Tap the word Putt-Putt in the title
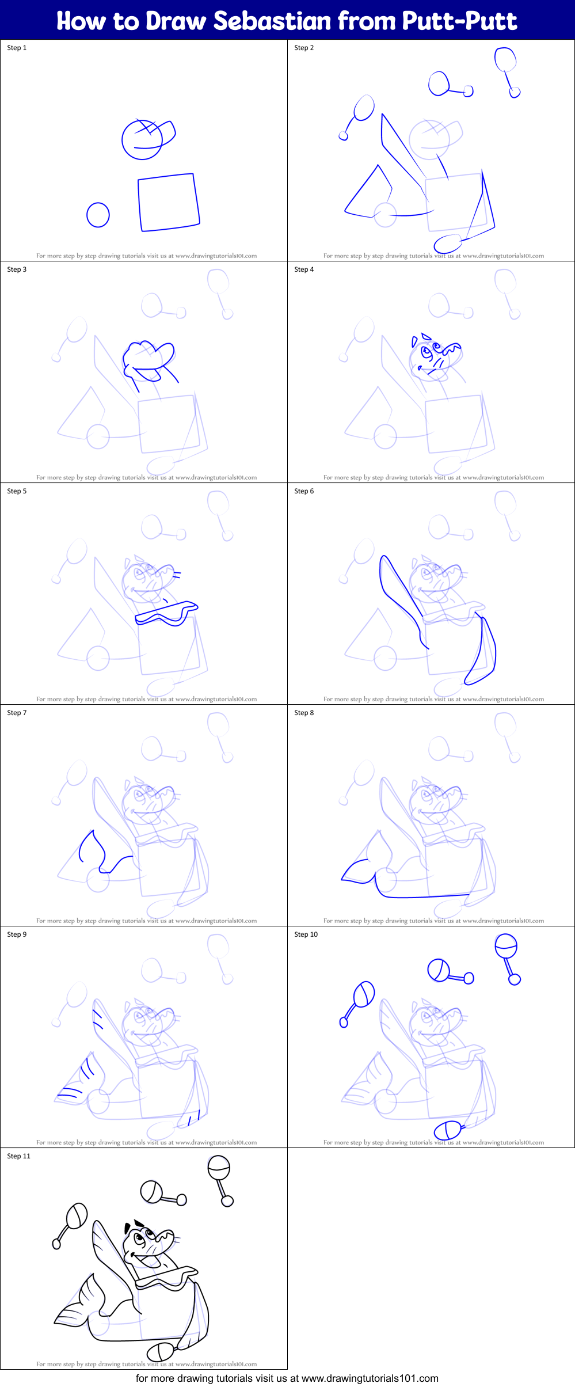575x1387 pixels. click(x=459, y=21)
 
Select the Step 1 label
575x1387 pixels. click(x=17, y=48)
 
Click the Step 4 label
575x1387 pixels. click(x=304, y=269)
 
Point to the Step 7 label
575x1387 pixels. click(x=17, y=713)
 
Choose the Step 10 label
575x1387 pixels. click(x=306, y=934)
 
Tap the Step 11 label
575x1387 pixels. click(x=18, y=1156)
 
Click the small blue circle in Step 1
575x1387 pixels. click(x=98, y=215)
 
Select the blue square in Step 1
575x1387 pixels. click(x=168, y=202)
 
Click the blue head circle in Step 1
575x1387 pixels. click(x=142, y=140)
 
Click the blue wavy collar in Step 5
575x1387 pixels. click(x=166, y=614)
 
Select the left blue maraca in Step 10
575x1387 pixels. click(x=360, y=1001)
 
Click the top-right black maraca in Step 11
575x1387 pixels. click(x=219, y=1178)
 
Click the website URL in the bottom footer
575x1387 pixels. click(x=370, y=1378)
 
